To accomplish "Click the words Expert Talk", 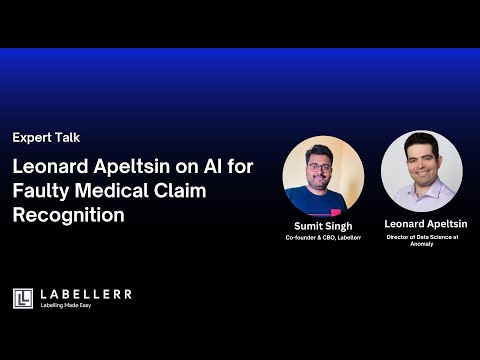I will pos(46,137).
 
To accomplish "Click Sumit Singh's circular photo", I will pos(323,176).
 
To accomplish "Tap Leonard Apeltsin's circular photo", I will pos(421,170).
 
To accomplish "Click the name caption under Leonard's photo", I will pos(426,223).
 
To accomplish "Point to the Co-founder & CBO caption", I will pos(323,239).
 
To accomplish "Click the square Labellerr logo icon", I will pos(23,297).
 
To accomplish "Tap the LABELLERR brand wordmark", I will pos(85,293).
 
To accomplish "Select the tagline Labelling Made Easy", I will pos(71,305).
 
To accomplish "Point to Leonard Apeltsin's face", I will pos(420,160).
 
